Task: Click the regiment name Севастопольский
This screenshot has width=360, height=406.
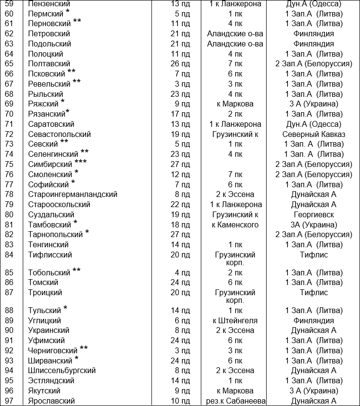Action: [59, 134]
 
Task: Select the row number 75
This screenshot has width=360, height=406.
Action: [9, 165]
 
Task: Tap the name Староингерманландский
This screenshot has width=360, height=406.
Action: [73, 195]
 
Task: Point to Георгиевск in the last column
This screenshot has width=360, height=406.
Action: [314, 214]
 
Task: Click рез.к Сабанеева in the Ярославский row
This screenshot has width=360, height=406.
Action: [235, 401]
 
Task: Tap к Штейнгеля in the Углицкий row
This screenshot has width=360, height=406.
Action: [235, 320]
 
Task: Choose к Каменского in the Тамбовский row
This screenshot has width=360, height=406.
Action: [235, 225]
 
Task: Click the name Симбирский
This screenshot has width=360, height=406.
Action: [50, 165]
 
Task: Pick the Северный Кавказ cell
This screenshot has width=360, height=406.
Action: [314, 134]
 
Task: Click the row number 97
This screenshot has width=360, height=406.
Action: [9, 401]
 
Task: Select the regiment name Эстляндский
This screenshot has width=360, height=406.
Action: [51, 381]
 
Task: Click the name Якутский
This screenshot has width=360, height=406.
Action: [44, 391]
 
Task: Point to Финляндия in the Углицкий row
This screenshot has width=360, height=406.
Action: [314, 320]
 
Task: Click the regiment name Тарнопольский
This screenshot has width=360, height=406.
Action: [55, 235]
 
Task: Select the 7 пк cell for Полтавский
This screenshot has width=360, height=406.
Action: [235, 63]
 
